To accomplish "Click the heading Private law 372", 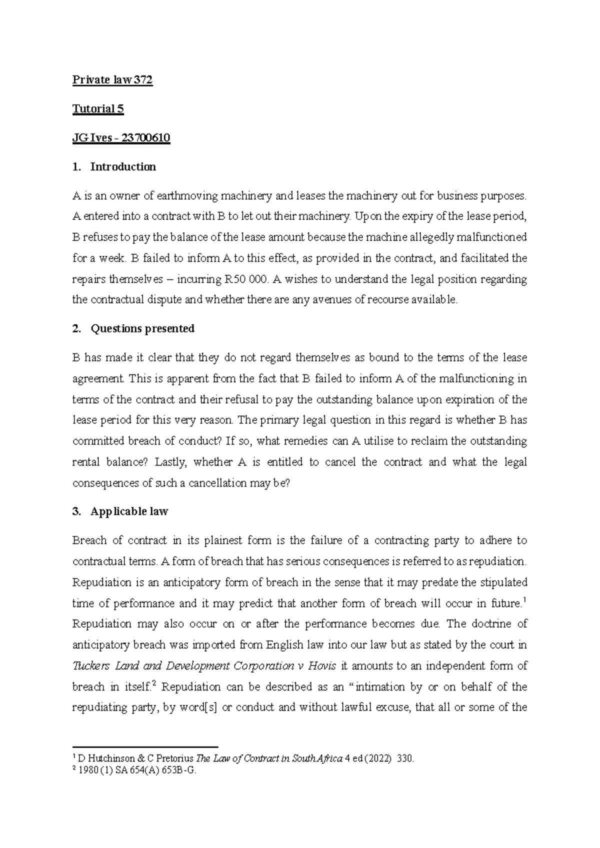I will click(112, 80).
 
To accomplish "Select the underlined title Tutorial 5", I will click(98, 109).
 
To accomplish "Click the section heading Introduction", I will click(123, 167).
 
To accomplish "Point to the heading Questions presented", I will click(142, 328).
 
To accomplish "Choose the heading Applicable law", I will click(129, 511).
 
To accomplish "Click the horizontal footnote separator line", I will click(145, 745).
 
